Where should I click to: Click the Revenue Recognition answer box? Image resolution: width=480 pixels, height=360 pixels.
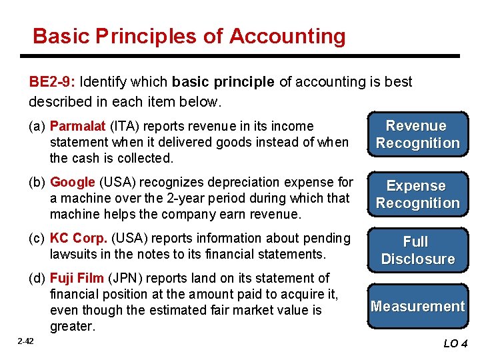point(417,134)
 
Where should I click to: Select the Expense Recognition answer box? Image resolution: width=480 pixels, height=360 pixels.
point(417,194)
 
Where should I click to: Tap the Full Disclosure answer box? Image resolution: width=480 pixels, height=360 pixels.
point(417,250)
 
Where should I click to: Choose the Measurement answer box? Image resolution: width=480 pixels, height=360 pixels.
point(417,307)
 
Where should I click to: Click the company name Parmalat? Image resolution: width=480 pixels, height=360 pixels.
point(78,126)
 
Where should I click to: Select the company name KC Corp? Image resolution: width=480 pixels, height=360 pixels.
point(79,238)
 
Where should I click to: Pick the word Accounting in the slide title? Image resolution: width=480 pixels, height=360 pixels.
point(287,36)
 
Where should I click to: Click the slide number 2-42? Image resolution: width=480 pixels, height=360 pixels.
point(26,341)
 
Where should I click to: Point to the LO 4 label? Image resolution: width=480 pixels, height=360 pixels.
point(455,344)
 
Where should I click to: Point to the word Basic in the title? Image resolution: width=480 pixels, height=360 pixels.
point(61,36)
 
